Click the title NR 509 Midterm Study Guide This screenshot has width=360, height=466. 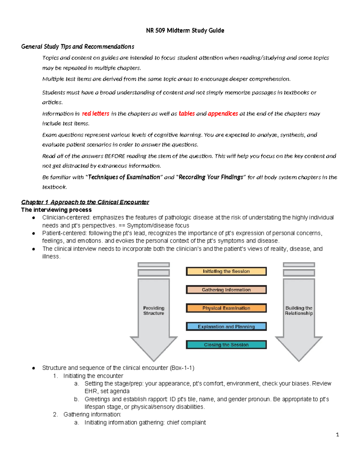point(185,31)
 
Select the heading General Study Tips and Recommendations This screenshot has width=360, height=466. point(77,47)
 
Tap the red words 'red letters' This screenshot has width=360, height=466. point(95,114)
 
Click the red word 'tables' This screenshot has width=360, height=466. point(187,114)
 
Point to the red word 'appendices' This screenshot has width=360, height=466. point(223,114)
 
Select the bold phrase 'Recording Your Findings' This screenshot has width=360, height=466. point(211,177)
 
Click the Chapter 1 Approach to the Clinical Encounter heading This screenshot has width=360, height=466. point(85,202)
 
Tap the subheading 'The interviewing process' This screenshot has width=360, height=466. point(56,210)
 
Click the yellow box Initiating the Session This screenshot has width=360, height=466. point(226,271)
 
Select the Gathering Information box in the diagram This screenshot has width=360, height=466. point(226,290)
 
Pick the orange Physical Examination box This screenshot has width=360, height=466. point(226,308)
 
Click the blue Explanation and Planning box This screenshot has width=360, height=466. point(226,326)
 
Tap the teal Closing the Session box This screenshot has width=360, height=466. point(226,345)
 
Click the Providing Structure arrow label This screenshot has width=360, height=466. point(154,311)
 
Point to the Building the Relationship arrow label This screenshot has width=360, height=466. point(299,311)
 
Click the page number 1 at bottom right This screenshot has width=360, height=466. point(337,434)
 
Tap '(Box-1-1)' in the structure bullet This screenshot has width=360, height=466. point(182,368)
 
